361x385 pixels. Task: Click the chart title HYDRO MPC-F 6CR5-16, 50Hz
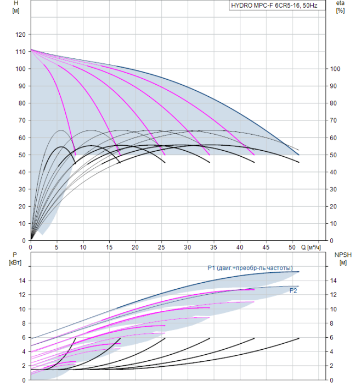(x=274, y=5)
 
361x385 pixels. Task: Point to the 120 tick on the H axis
(x=20, y=35)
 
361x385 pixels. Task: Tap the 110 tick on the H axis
(x=20, y=52)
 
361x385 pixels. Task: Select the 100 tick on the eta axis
(x=335, y=69)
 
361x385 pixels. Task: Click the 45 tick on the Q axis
(x=266, y=248)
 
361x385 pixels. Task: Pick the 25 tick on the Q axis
(x=161, y=248)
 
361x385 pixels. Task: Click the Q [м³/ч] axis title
(x=311, y=248)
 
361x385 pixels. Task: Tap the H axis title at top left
(x=16, y=7)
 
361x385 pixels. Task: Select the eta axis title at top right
(x=341, y=7)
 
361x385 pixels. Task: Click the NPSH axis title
(x=343, y=259)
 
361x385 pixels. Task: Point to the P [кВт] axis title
(x=15, y=259)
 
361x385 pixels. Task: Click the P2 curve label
(x=293, y=291)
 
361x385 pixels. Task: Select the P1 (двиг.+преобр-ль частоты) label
(x=250, y=268)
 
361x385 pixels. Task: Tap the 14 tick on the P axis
(x=22, y=280)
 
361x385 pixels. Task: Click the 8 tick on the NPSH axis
(x=331, y=323)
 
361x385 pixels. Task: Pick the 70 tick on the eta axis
(x=333, y=120)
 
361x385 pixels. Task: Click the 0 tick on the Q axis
(x=31, y=248)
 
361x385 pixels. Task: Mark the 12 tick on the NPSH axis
(x=333, y=295)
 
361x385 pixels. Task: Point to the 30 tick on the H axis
(x=22, y=189)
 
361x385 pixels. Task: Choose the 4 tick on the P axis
(x=24, y=351)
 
